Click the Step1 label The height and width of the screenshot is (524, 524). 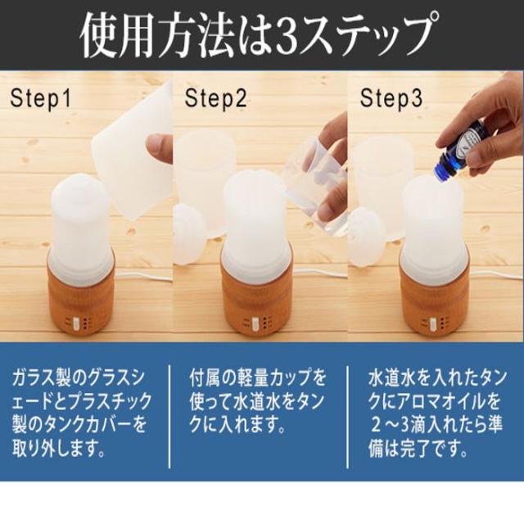41,98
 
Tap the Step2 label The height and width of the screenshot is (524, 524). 216,98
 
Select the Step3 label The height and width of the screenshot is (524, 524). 391,98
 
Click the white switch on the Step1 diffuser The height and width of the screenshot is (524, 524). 75,323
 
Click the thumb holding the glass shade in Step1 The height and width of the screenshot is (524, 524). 159,144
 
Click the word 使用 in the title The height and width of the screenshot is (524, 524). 119,35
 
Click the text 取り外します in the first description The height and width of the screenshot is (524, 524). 59,449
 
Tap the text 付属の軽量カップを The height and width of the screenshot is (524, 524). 257,377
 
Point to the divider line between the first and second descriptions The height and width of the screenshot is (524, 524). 169,417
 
